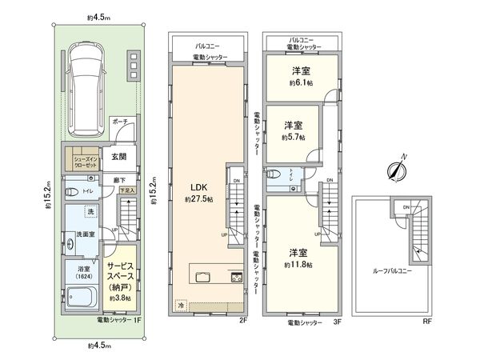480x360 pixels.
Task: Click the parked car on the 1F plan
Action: pyautogui.click(x=90, y=89)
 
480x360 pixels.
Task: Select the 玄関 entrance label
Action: pyautogui.click(x=118, y=156)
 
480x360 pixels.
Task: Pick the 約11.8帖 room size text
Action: pyautogui.click(x=297, y=263)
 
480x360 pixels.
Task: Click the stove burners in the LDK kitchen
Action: pyautogui.click(x=236, y=277)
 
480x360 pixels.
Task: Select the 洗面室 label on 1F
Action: pyautogui.click(x=86, y=234)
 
